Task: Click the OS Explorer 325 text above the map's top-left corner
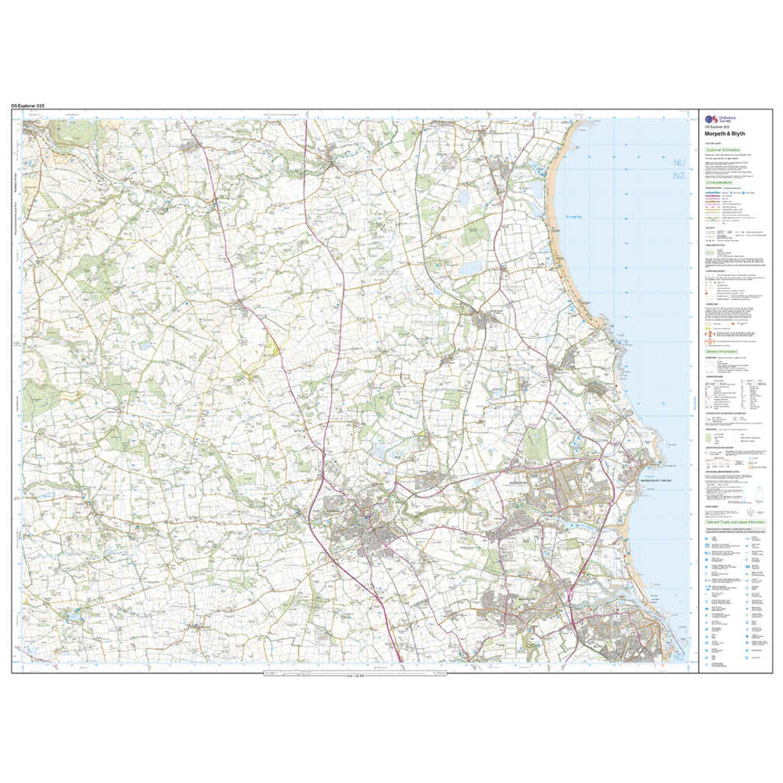(x=32, y=105)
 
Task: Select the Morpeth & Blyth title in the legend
(x=723, y=133)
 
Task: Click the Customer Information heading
(x=723, y=151)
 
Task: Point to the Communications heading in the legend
(x=720, y=183)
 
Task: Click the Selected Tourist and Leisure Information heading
(x=735, y=521)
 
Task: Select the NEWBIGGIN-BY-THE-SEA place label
(x=654, y=479)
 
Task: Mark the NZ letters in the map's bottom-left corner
(x=32, y=651)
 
